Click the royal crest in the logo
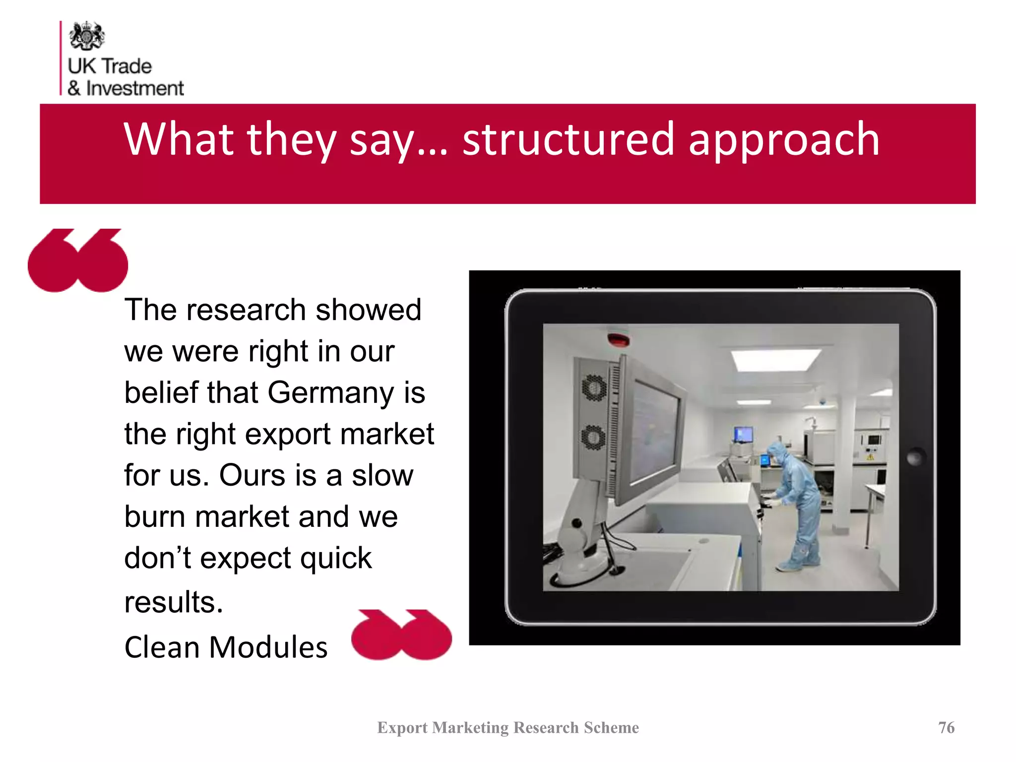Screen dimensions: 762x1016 click(x=87, y=36)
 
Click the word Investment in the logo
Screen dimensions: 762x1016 click(x=134, y=88)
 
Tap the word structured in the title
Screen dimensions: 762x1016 click(x=568, y=139)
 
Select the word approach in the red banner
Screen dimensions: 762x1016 click(x=784, y=140)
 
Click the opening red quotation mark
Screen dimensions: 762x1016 click(x=78, y=260)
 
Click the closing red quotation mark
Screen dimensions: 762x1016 click(x=401, y=635)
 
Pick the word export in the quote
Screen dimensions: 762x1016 click(x=288, y=434)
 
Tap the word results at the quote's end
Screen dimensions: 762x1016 click(x=173, y=602)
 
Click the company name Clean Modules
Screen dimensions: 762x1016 click(x=226, y=647)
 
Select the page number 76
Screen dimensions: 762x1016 click(x=946, y=727)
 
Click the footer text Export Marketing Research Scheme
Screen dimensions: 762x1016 click(x=508, y=727)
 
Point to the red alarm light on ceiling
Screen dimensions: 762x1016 click(x=618, y=340)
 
